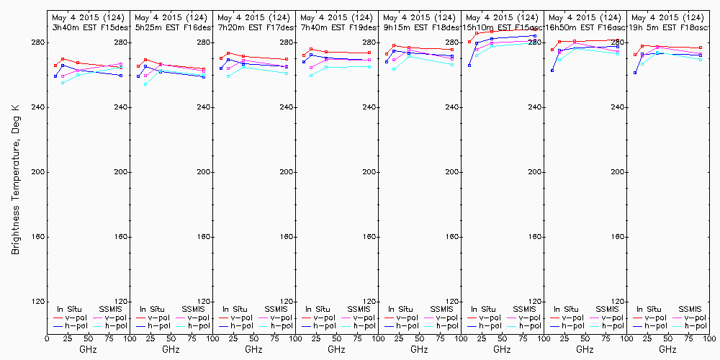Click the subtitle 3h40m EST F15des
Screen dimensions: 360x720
coord(88,27)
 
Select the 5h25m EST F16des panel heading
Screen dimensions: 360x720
coord(171,27)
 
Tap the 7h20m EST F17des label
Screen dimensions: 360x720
coord(253,27)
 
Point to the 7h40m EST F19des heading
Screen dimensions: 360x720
coord(336,27)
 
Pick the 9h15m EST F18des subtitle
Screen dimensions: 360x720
coord(419,27)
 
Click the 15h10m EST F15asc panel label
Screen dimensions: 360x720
coord(502,27)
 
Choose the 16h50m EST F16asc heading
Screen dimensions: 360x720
coord(585,27)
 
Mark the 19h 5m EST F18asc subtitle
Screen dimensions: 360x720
coord(667,27)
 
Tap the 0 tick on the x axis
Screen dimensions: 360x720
coord(47,338)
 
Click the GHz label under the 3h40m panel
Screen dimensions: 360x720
coord(88,349)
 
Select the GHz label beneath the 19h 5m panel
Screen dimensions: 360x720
coord(667,349)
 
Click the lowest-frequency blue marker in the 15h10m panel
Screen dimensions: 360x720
coord(469,66)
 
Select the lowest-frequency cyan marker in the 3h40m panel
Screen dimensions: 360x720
coord(63,83)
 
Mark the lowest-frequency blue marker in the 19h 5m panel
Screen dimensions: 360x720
coord(635,73)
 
